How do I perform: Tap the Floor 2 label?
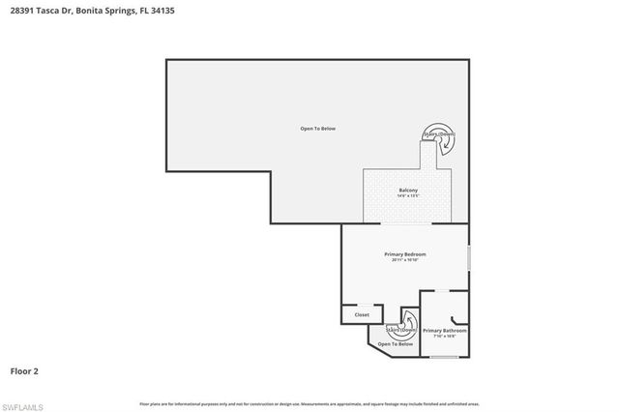click(x=24, y=370)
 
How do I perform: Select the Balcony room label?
click(x=407, y=191)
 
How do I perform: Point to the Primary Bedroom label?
click(x=404, y=254)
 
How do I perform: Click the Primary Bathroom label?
click(x=445, y=330)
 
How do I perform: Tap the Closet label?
click(x=362, y=314)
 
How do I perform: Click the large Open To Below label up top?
click(x=317, y=129)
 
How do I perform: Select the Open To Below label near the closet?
click(x=396, y=344)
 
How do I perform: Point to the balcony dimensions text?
click(x=407, y=196)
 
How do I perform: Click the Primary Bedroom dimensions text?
click(x=404, y=260)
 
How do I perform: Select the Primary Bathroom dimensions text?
click(x=445, y=336)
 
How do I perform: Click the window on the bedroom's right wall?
click(x=469, y=257)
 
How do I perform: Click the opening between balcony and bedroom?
click(x=406, y=223)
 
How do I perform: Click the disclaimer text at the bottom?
click(x=309, y=402)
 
